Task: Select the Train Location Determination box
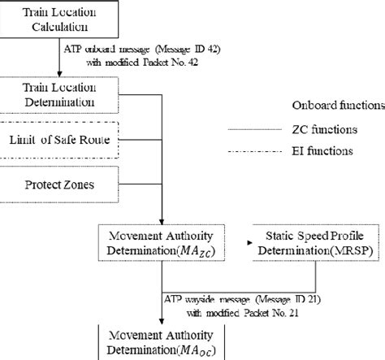pos(60,95)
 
